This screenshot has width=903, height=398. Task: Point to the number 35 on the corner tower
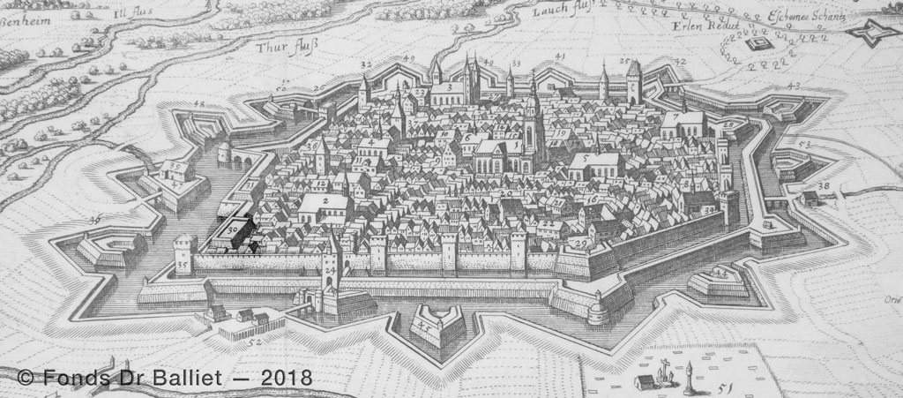[182, 264]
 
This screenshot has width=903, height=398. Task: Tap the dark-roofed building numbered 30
[232, 231]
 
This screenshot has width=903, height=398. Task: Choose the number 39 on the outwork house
[176, 166]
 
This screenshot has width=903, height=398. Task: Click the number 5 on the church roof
[583, 160]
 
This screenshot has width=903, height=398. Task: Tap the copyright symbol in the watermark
[25, 378]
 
